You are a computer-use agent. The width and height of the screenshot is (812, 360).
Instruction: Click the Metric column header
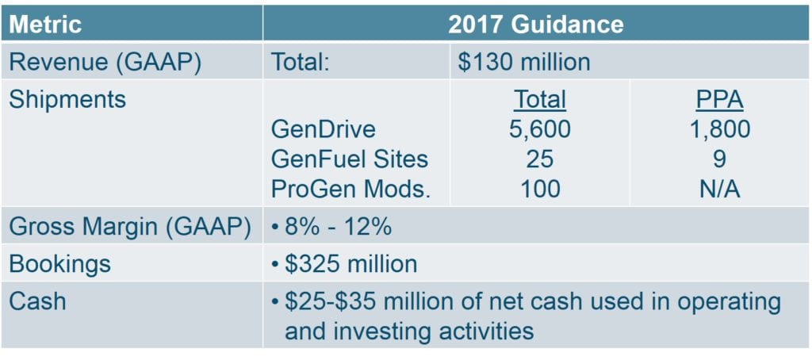pyautogui.click(x=45, y=24)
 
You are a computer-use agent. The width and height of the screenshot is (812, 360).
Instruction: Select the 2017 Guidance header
pyautogui.click(x=536, y=24)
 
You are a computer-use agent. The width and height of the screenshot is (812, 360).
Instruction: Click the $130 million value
pyautogui.click(x=523, y=62)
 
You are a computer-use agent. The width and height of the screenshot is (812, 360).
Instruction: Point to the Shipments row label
pyautogui.click(x=67, y=99)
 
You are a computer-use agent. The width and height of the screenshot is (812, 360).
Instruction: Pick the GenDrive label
pyautogui.click(x=324, y=129)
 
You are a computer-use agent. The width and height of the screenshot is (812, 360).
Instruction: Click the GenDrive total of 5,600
pyautogui.click(x=539, y=129)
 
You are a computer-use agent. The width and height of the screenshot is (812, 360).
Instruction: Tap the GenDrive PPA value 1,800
pyautogui.click(x=719, y=129)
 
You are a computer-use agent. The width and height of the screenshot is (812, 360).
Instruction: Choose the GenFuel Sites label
pyautogui.click(x=350, y=159)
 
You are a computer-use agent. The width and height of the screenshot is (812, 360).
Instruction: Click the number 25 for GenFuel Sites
pyautogui.click(x=539, y=159)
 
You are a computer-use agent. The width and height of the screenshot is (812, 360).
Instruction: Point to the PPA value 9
pyautogui.click(x=719, y=159)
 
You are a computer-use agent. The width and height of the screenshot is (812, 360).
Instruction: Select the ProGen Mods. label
pyautogui.click(x=351, y=189)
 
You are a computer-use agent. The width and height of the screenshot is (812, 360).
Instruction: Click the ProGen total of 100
pyautogui.click(x=539, y=189)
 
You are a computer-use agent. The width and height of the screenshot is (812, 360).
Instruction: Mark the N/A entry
pyautogui.click(x=719, y=189)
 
